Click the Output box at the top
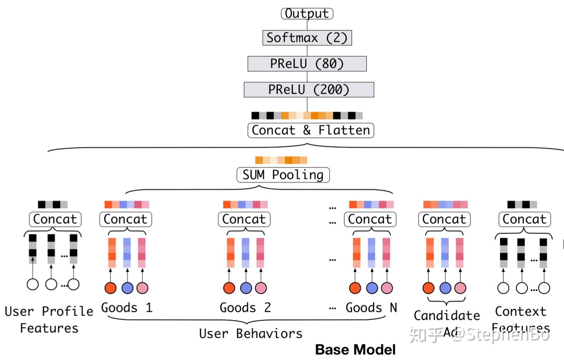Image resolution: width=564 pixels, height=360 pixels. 307,13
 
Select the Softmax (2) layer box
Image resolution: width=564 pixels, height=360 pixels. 307,38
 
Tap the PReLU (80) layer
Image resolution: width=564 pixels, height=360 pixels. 307,63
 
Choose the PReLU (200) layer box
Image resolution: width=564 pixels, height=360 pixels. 309,90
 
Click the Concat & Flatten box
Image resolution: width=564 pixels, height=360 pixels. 311,130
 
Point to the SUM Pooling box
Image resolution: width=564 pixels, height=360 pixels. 283,175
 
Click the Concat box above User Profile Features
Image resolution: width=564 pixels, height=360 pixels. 55,219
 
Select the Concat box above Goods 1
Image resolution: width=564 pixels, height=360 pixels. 125,219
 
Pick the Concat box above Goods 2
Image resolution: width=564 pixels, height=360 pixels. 244,219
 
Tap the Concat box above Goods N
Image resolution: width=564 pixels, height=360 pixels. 370,219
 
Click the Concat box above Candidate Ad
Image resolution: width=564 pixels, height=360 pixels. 444,219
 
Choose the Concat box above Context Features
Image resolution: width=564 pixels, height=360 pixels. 524,219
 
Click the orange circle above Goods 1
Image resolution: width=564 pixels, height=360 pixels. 111,288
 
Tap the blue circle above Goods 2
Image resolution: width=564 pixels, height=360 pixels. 246,288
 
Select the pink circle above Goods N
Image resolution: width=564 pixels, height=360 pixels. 387,288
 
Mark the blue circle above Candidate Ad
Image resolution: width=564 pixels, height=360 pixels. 445,288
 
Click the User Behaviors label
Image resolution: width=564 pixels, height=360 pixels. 251,333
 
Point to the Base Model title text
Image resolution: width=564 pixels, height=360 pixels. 355,349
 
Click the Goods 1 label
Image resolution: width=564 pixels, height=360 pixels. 127,308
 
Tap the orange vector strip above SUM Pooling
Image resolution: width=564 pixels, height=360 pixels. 281,160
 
